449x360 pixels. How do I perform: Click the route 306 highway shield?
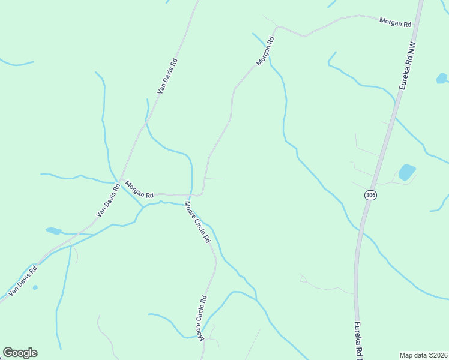(370, 196)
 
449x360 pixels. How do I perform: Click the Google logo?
(20, 352)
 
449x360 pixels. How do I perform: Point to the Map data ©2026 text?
(423, 355)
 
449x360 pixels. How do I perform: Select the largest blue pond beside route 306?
(407, 172)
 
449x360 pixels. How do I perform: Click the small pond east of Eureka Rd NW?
(441, 78)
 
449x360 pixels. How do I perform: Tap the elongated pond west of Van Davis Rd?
(53, 230)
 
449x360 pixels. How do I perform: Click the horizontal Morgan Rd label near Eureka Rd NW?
(395, 23)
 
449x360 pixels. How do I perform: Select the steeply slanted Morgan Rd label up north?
(265, 51)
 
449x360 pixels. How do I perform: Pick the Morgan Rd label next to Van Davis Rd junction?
(139, 190)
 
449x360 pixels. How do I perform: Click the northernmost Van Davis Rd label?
(167, 76)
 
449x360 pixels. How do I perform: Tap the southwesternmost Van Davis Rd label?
(23, 281)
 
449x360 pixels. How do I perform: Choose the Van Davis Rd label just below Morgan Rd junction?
(108, 200)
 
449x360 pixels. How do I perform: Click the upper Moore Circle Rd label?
(197, 221)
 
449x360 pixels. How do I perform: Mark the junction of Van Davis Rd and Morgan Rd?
(121, 179)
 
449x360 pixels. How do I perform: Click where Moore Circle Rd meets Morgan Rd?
(190, 196)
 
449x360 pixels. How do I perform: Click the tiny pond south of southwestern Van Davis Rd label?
(35, 287)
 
